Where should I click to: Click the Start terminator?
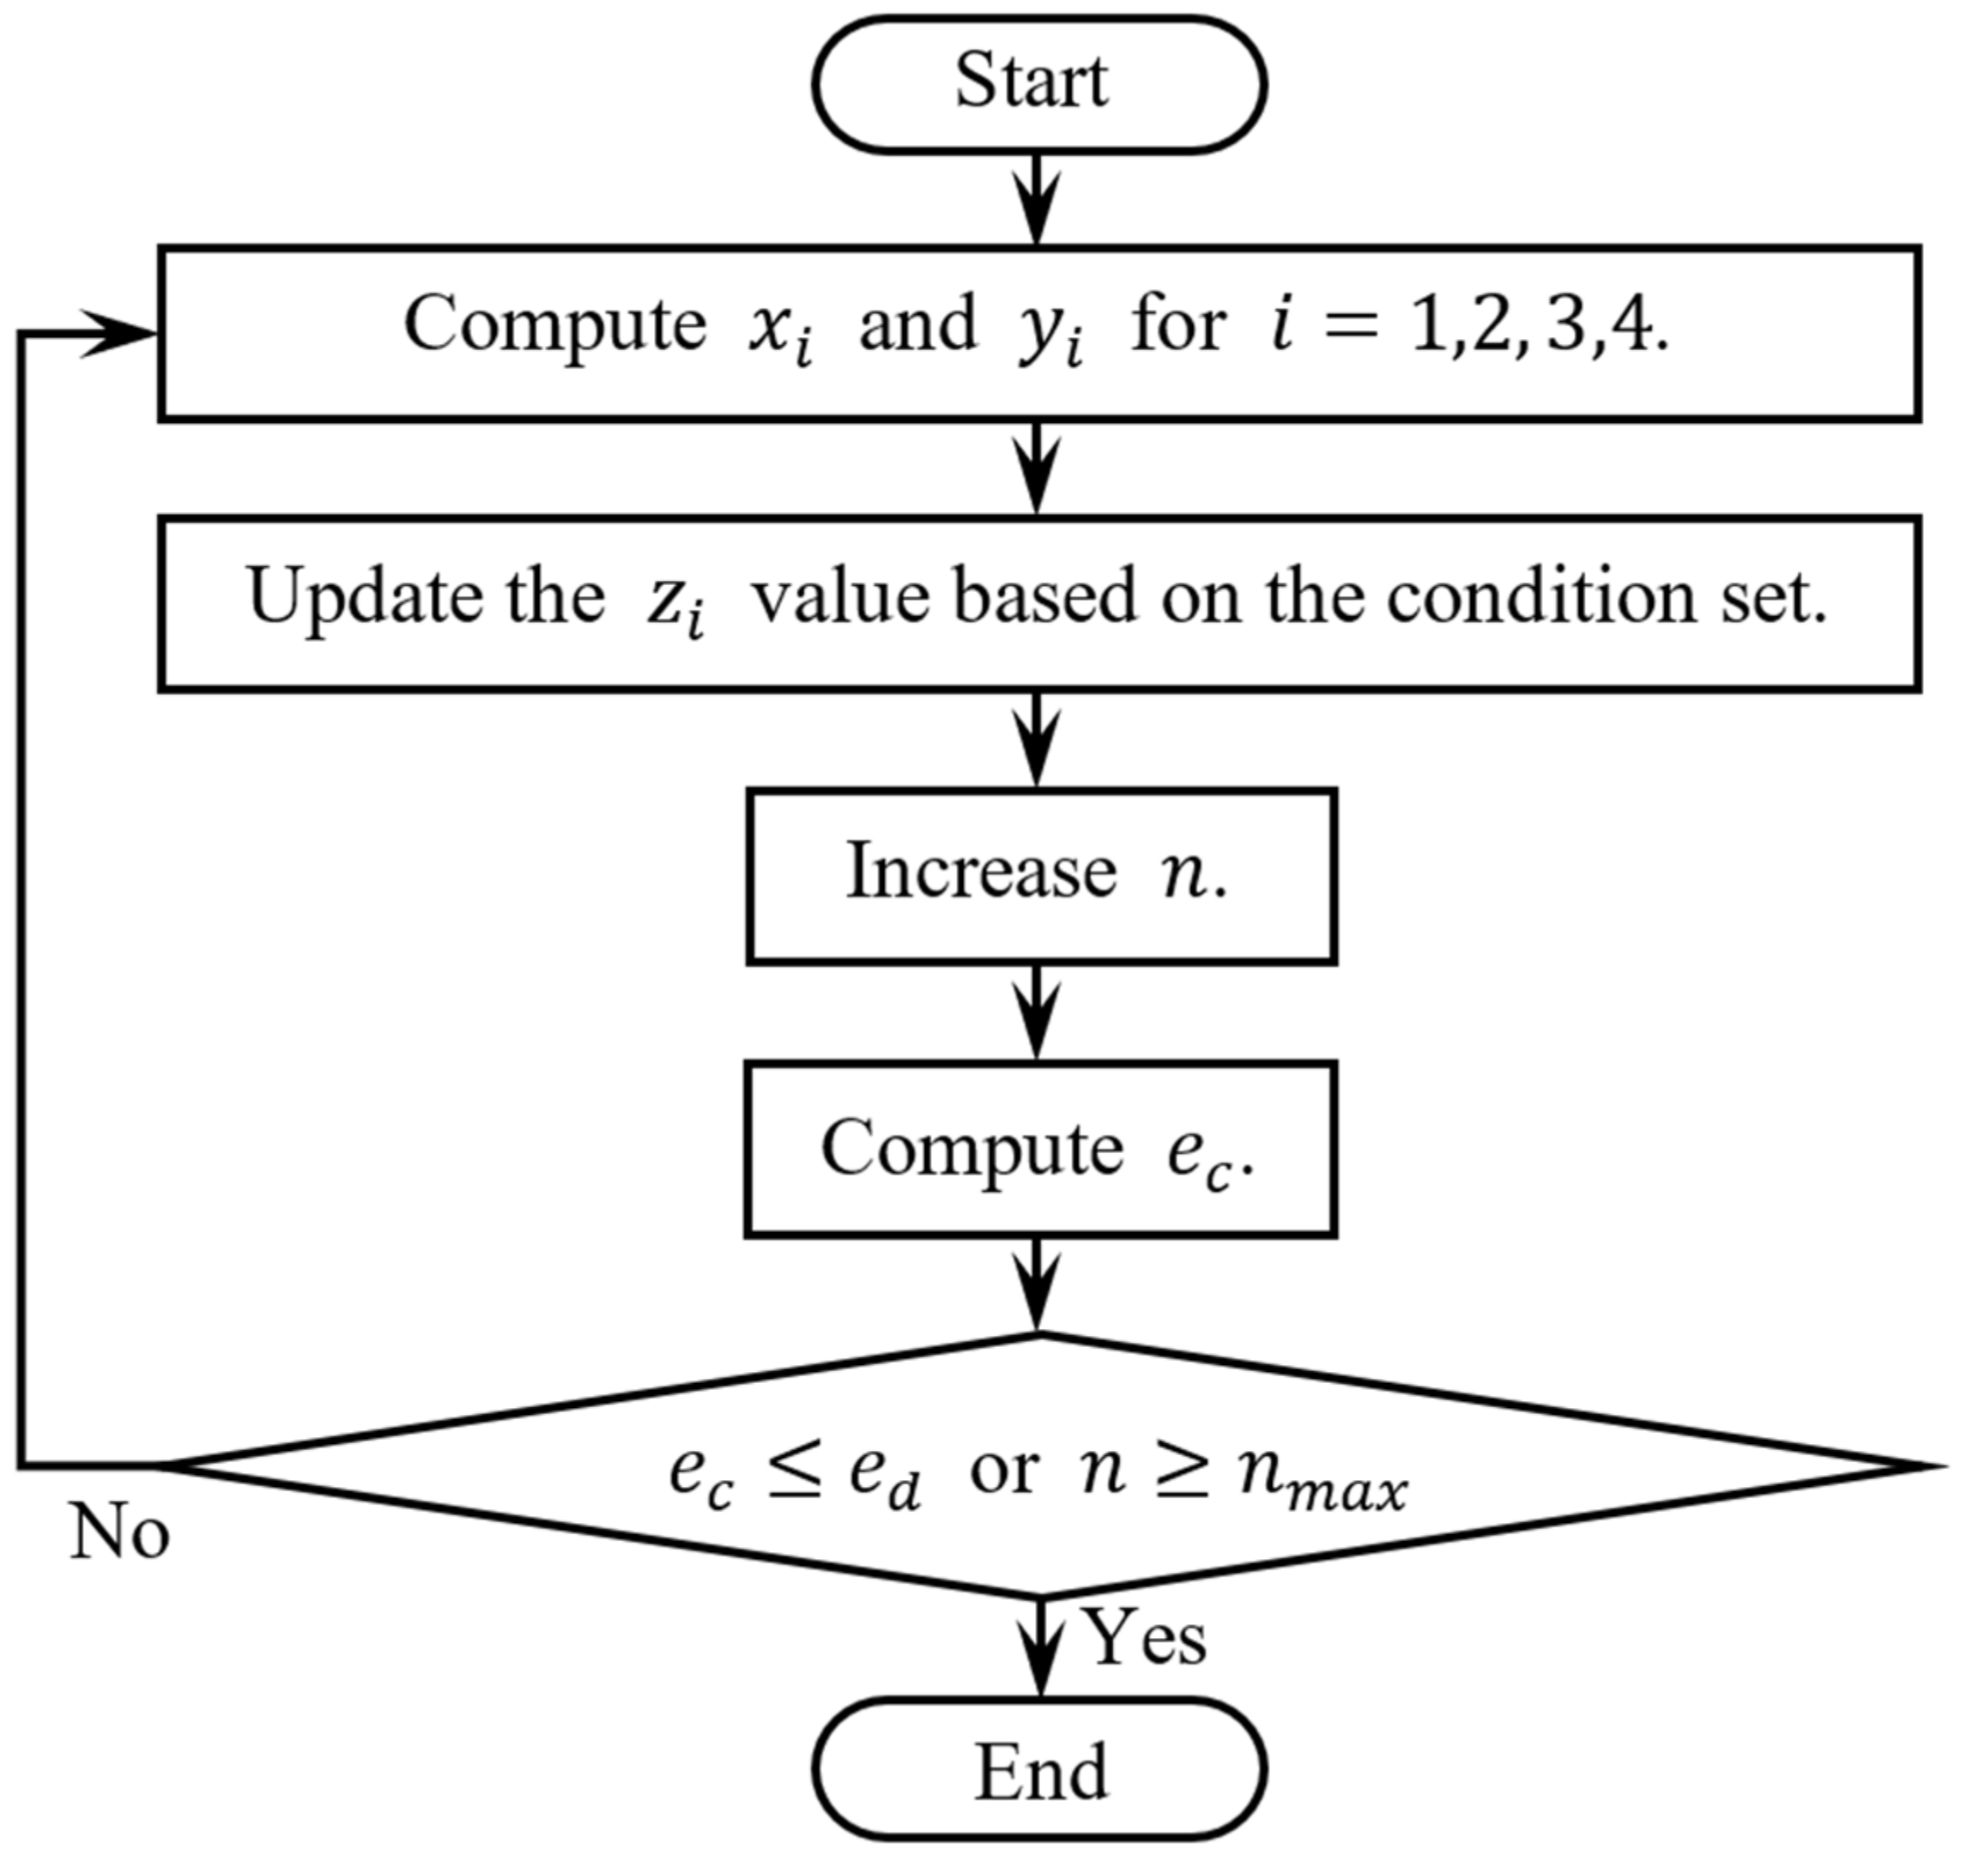click(x=1038, y=84)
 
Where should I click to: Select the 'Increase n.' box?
click(x=1040, y=875)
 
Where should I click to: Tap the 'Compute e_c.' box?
click(x=1040, y=1149)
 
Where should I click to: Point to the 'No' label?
click(x=119, y=1533)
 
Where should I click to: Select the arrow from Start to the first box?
click(x=1037, y=197)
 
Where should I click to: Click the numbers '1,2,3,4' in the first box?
click(x=1538, y=326)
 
